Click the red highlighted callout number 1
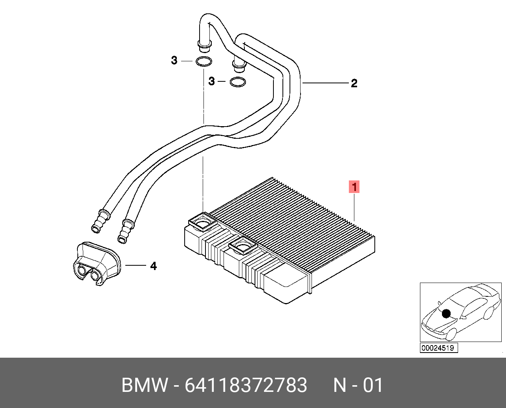click(x=354, y=187)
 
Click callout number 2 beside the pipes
click(x=354, y=83)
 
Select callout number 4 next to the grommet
click(x=153, y=266)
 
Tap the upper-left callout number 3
click(x=174, y=61)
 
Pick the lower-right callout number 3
click(x=212, y=81)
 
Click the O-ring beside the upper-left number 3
click(x=203, y=62)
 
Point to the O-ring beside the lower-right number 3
click(x=238, y=82)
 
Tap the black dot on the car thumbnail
click(x=446, y=313)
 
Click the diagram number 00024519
click(x=438, y=348)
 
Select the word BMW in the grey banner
click(x=145, y=385)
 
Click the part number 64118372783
click(x=246, y=385)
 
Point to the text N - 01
click(x=358, y=385)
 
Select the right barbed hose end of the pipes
click(x=125, y=232)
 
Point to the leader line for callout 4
click(x=136, y=266)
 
